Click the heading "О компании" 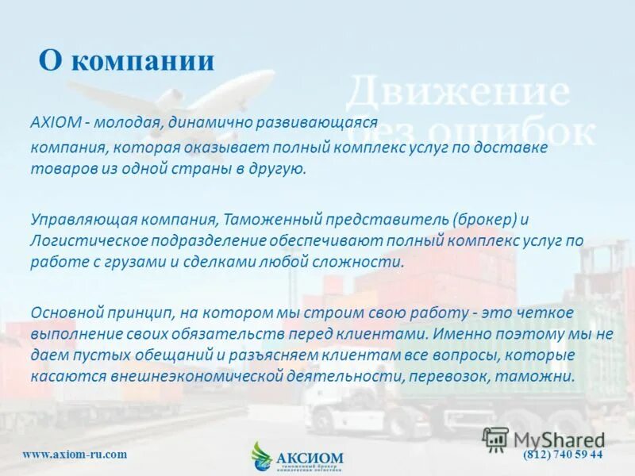127,61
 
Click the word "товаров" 60,170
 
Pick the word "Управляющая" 77,217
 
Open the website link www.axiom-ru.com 75,454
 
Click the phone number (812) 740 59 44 563,454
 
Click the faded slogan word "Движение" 457,93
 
